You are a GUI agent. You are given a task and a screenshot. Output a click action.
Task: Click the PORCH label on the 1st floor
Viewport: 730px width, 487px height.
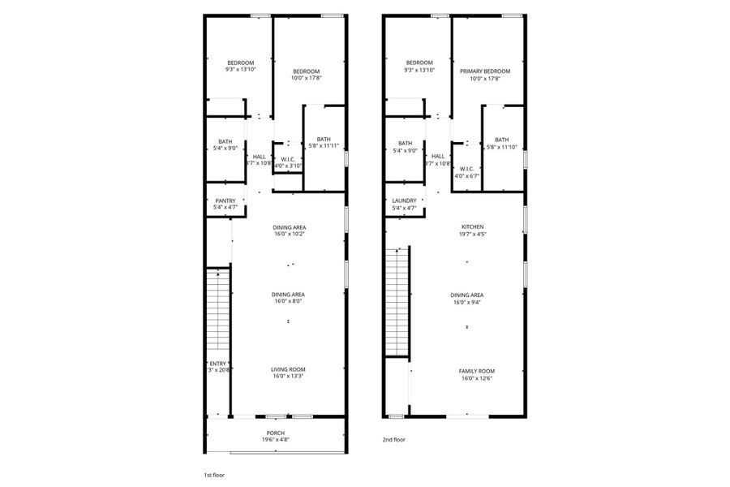pyautogui.click(x=276, y=433)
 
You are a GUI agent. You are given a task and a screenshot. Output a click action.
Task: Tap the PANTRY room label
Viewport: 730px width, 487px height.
pyautogui.click(x=225, y=200)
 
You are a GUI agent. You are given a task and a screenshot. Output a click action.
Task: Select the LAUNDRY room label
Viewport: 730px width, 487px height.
pyautogui.click(x=404, y=200)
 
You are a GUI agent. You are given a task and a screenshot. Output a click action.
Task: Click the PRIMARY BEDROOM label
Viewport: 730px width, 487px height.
pyautogui.click(x=485, y=71)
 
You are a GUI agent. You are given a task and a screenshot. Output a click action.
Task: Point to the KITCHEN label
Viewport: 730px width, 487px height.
pyautogui.click(x=473, y=226)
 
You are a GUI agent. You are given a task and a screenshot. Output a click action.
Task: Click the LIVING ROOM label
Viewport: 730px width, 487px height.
pyautogui.click(x=288, y=369)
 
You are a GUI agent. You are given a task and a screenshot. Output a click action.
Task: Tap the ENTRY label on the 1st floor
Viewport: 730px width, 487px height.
pyautogui.click(x=219, y=363)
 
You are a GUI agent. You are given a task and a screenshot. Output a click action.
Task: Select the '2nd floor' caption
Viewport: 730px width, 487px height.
pyautogui.click(x=394, y=439)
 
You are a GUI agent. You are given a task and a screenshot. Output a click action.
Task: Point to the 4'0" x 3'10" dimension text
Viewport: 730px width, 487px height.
pyautogui.click(x=288, y=166)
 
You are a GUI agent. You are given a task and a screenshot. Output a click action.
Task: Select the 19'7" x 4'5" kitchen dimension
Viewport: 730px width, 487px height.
pyautogui.click(x=473, y=234)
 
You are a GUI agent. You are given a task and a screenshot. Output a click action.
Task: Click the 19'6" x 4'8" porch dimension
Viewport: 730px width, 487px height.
pyautogui.click(x=276, y=440)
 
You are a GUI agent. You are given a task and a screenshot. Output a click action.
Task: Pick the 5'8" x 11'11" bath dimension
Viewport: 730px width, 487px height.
pyautogui.click(x=324, y=146)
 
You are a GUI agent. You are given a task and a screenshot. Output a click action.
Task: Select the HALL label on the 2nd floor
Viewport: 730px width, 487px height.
pyautogui.click(x=438, y=156)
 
